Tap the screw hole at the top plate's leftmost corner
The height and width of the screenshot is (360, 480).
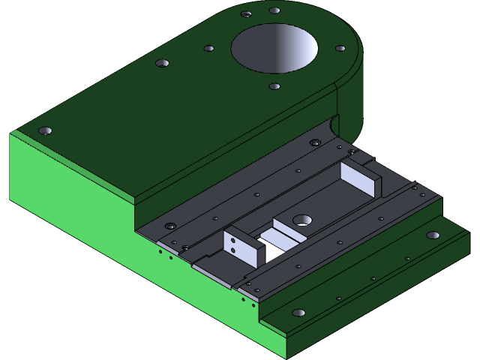tap(44, 130)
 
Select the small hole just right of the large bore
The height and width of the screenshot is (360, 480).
tap(340, 49)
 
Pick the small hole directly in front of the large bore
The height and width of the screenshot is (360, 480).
tap(274, 86)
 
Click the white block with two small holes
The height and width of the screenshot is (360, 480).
tap(243, 248)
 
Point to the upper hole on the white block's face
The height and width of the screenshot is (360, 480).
tap(233, 240)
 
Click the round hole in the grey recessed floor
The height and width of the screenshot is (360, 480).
tap(303, 220)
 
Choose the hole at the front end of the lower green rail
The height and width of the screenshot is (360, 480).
tap(298, 312)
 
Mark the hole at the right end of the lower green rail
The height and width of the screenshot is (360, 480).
tap(433, 235)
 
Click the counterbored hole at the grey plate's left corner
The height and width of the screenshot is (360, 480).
tap(171, 225)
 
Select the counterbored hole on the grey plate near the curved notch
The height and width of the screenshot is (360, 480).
tap(316, 142)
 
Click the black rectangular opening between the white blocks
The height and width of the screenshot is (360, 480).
tap(274, 247)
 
